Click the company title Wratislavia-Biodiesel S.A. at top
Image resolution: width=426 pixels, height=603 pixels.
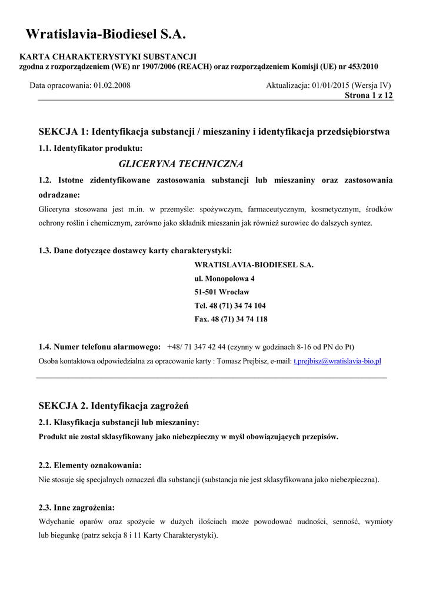(105, 35)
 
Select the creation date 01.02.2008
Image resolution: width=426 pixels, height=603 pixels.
(112, 85)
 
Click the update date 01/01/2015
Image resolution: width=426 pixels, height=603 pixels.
(331, 85)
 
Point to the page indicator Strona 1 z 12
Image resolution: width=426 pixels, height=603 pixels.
(368, 95)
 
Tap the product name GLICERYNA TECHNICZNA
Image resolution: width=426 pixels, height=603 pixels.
(181, 164)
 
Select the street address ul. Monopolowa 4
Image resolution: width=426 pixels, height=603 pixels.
(224, 279)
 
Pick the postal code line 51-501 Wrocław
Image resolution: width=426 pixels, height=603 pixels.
(222, 292)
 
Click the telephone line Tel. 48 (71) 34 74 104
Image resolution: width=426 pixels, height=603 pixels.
(230, 306)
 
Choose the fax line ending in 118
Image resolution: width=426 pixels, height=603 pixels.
(231, 319)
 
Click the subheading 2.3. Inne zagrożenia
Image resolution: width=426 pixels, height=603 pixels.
(76, 508)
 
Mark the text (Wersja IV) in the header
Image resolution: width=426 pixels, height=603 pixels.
(371, 85)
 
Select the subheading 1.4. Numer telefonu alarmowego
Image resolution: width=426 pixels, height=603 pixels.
(99, 347)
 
